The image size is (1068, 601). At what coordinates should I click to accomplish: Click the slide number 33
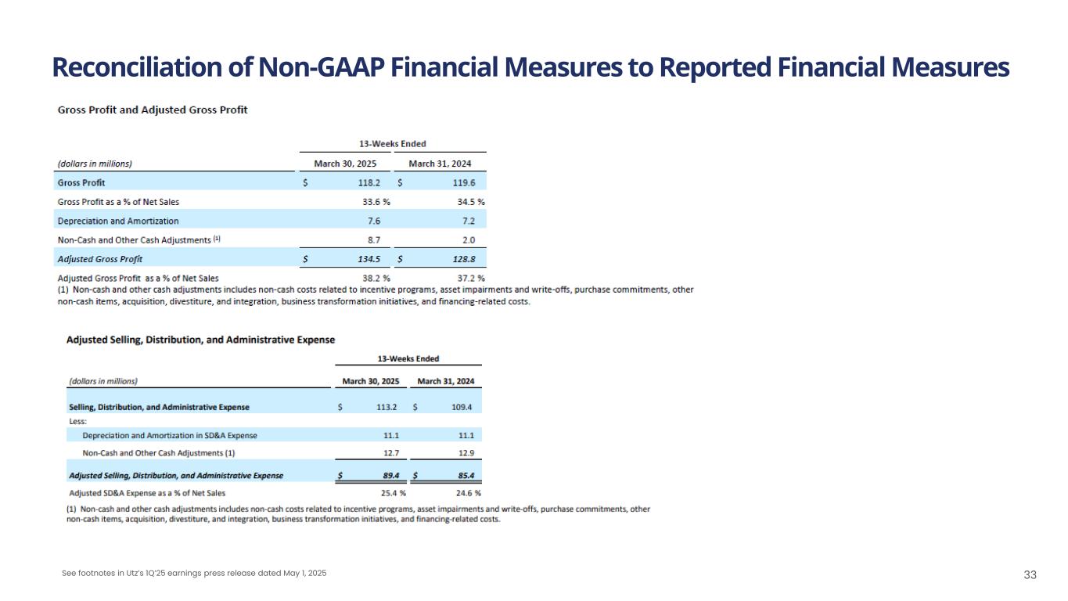pyautogui.click(x=1030, y=575)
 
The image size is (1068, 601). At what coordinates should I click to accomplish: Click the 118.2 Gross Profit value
pyautogui.click(x=369, y=182)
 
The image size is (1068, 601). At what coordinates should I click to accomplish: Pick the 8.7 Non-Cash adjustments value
pyautogui.click(x=373, y=240)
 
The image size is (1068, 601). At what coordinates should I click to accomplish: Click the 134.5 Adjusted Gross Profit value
pyautogui.click(x=369, y=259)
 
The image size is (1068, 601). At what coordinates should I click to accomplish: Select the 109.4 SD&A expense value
pyautogui.click(x=461, y=407)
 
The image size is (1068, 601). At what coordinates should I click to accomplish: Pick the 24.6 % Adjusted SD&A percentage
pyautogui.click(x=466, y=493)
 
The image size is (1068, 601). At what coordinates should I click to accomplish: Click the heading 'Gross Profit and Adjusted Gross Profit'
pyautogui.click(x=153, y=110)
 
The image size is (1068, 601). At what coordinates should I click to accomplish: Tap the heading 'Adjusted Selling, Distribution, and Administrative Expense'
pyautogui.click(x=201, y=340)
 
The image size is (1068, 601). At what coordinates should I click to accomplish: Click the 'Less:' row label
pyautogui.click(x=78, y=421)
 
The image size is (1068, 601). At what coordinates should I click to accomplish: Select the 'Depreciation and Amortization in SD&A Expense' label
pyautogui.click(x=170, y=435)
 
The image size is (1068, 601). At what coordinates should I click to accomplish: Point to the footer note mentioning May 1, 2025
pyautogui.click(x=194, y=574)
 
